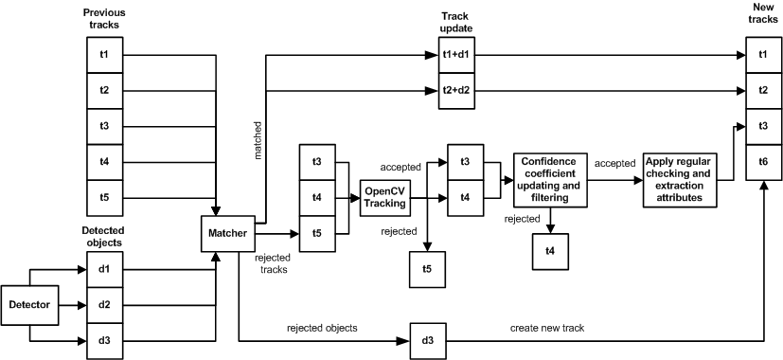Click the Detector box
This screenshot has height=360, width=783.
coord(30,304)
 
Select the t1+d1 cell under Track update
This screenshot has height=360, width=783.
coord(455,55)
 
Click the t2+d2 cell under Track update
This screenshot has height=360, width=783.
coord(455,91)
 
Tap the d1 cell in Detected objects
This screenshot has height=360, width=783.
coord(103,269)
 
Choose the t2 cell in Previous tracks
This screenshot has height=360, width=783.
coord(103,91)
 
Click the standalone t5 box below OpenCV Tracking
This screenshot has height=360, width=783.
coord(427,269)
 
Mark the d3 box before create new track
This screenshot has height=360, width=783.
coord(427,339)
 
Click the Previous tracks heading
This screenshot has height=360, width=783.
coord(103,19)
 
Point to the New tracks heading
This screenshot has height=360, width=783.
coord(763,12)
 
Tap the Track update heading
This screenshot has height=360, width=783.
coord(455,22)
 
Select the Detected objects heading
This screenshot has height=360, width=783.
coord(103,237)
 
